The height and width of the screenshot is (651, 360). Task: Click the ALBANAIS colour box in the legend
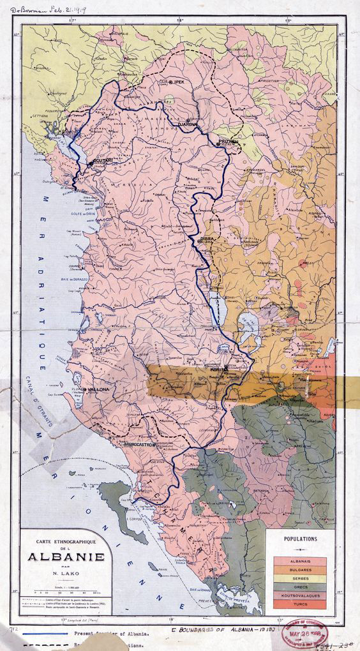300,562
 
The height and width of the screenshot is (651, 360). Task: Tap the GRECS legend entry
300,587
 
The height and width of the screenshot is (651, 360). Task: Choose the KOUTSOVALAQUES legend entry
300,595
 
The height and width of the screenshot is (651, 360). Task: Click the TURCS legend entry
300,604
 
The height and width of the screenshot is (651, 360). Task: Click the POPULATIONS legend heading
300,539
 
